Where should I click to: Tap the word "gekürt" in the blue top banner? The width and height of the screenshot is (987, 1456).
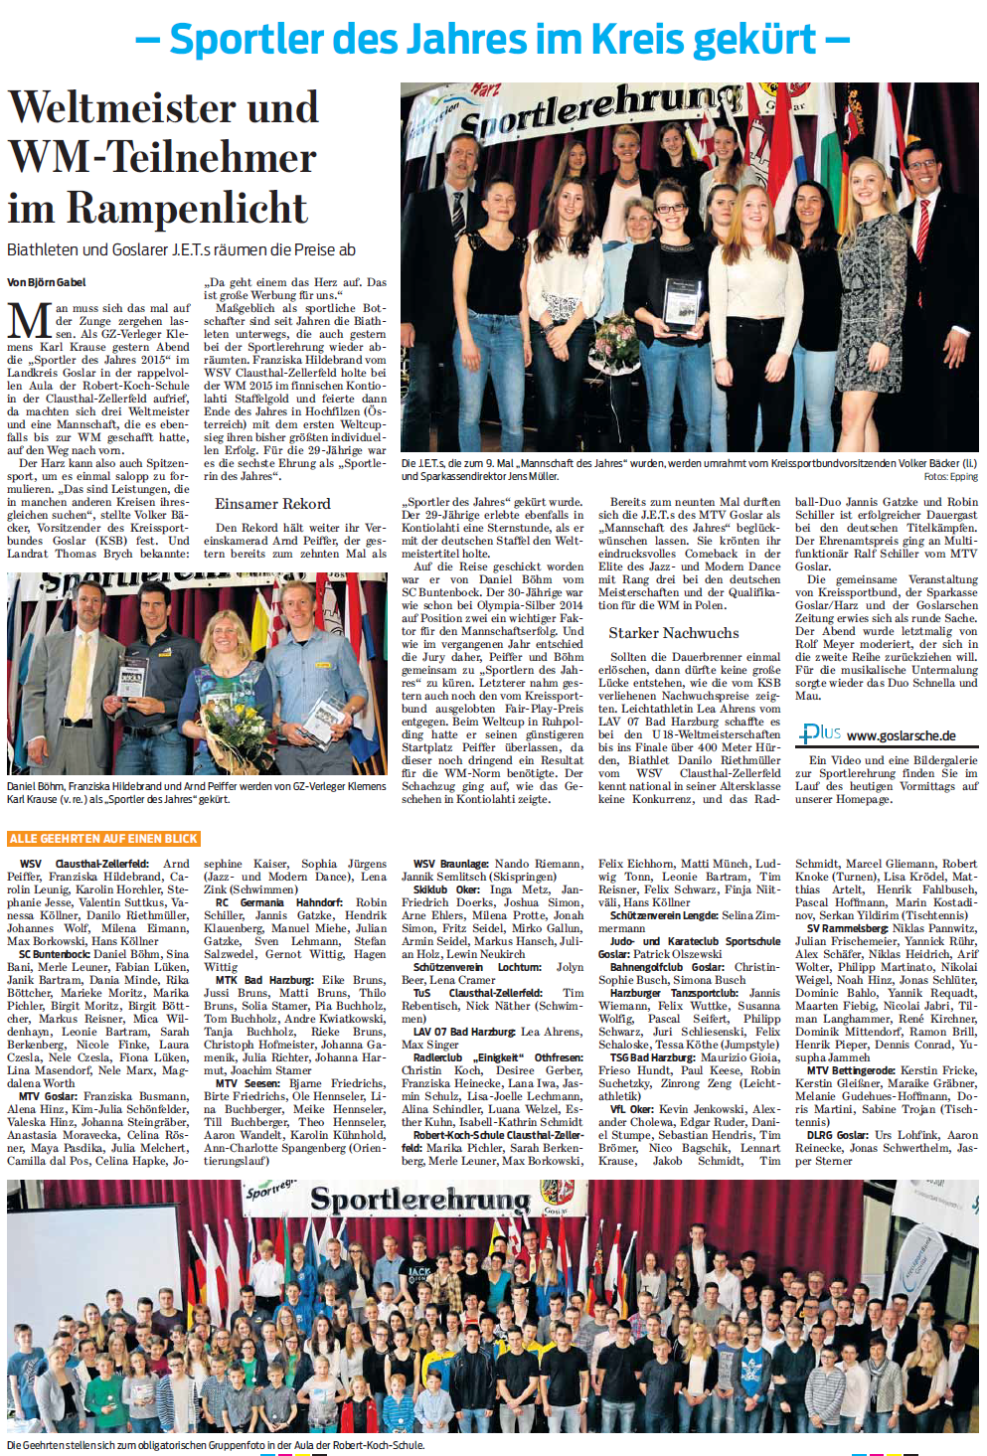tap(755, 40)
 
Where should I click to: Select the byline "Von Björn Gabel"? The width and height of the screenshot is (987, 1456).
tap(47, 282)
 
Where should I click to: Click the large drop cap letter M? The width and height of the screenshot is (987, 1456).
tap(29, 323)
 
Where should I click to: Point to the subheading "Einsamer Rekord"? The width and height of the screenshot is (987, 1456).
tap(272, 504)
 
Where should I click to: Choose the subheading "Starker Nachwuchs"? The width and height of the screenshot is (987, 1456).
tap(673, 633)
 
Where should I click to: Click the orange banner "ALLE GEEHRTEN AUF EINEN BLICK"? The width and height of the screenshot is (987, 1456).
tap(103, 839)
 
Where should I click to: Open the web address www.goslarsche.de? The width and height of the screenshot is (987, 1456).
tap(901, 736)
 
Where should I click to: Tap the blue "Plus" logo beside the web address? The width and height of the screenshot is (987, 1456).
tap(821, 733)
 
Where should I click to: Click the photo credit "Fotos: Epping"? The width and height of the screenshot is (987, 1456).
tap(950, 477)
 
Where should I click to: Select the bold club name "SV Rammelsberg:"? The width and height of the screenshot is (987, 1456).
tap(848, 928)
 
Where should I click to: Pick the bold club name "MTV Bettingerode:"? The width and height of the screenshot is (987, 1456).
tap(851, 1070)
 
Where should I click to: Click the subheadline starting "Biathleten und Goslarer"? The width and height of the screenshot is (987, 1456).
tap(181, 249)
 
